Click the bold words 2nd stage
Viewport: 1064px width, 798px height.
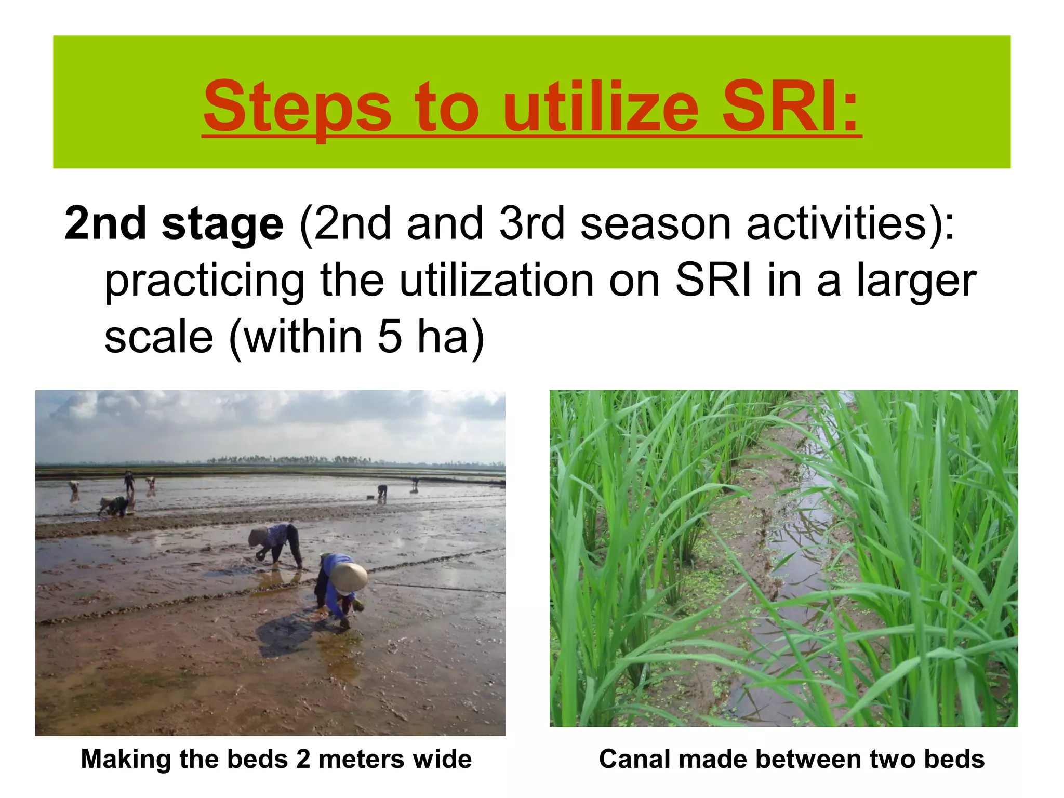[x=174, y=223]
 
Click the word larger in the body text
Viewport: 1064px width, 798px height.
[x=916, y=281]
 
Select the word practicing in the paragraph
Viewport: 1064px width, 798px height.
[x=205, y=281]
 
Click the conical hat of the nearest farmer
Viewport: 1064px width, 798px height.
[x=349, y=577]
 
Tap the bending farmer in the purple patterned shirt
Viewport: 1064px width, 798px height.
[x=278, y=543]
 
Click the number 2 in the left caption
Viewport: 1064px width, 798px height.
[x=303, y=759]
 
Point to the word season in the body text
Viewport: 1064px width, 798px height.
[x=656, y=223]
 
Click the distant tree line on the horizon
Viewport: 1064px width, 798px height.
[x=291, y=460]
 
